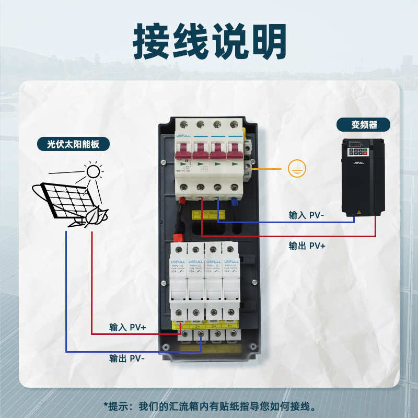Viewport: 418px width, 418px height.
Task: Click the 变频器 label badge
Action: tap(364, 124)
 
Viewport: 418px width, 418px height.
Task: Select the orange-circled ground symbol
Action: tap(296, 168)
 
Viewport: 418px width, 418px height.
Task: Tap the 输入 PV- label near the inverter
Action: tap(307, 215)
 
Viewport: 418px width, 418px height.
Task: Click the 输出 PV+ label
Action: tap(307, 245)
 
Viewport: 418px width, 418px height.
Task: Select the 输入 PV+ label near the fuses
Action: tap(127, 327)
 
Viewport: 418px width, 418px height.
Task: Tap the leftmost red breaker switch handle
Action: tap(184, 151)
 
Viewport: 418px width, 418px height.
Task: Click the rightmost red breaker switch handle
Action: tap(234, 151)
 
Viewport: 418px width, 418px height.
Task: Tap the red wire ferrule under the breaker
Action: tap(183, 200)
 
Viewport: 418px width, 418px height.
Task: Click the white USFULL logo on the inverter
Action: tap(358, 163)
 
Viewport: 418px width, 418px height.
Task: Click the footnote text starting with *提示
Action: tap(209, 406)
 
